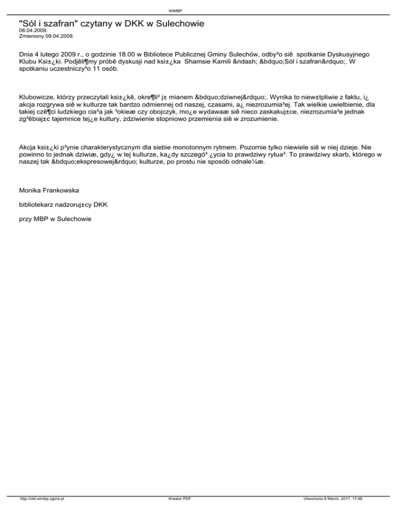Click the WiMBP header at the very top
[x=201, y=10]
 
